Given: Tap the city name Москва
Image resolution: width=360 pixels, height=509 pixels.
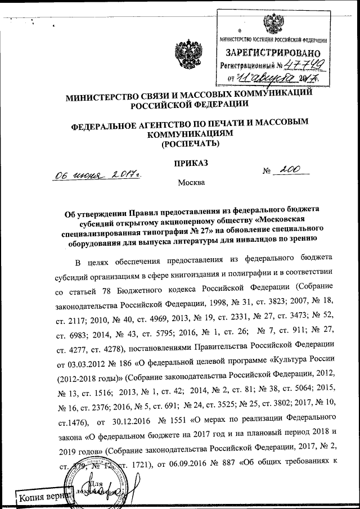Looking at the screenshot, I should tap(192, 182).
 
